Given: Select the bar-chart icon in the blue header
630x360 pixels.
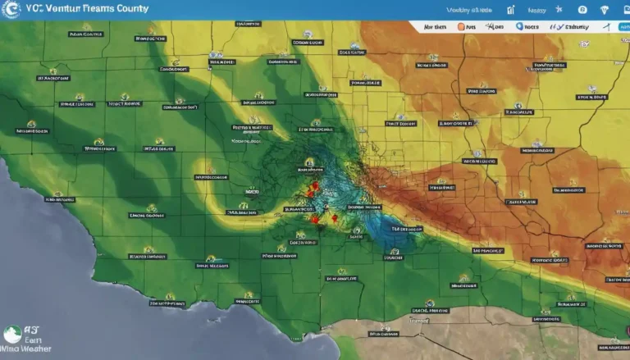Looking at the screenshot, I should tap(511, 10).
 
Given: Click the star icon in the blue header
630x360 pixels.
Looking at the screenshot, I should tap(559, 10).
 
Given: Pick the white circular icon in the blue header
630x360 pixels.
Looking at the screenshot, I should tap(582, 10).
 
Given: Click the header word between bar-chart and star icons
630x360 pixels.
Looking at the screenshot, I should tap(536, 11).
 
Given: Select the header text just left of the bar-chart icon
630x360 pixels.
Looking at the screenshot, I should tap(468, 11).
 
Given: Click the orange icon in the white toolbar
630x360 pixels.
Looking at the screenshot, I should tap(460, 27).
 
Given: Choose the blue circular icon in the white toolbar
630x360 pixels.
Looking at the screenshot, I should tap(519, 27).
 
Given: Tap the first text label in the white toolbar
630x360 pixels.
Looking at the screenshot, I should tap(435, 27).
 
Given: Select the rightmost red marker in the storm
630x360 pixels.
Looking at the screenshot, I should tap(334, 219).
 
